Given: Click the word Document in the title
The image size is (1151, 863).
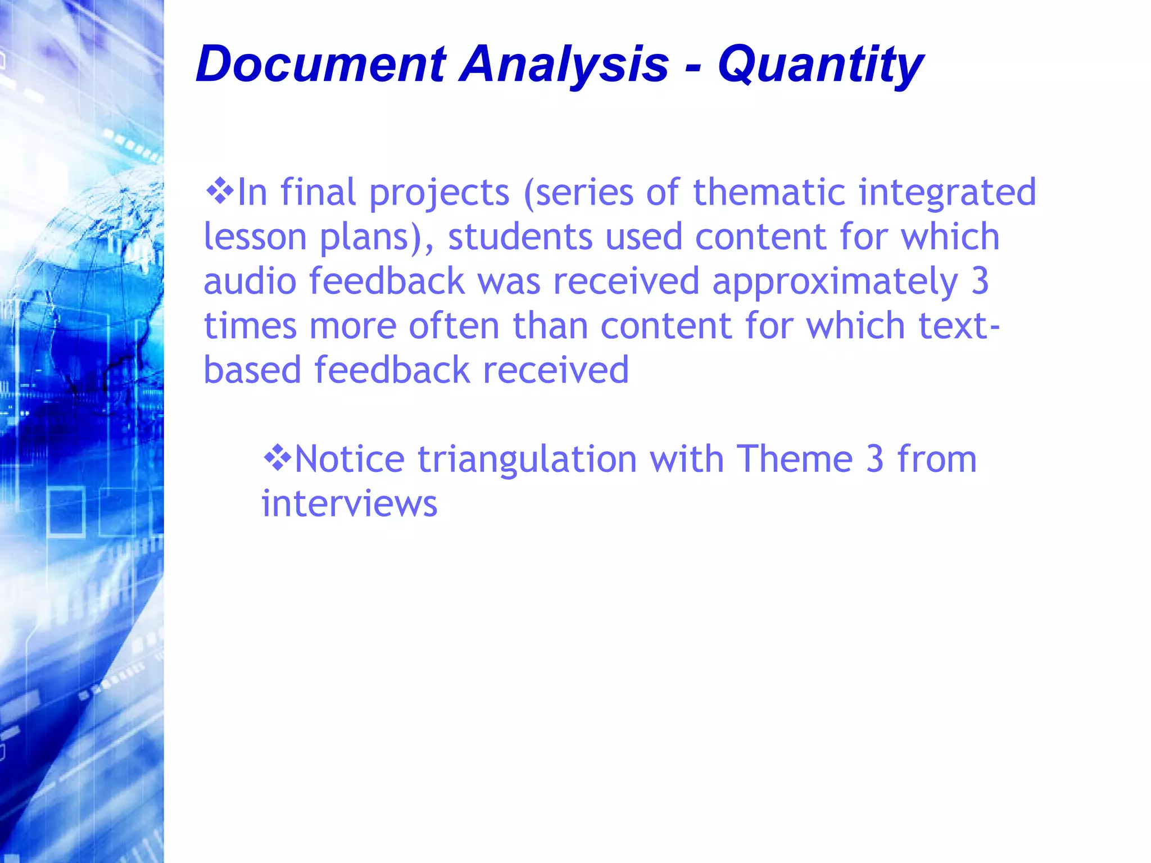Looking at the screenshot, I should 321,64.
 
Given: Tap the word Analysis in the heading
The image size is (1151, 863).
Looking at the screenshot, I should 564,65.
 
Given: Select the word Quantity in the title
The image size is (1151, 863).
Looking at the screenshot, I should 821,65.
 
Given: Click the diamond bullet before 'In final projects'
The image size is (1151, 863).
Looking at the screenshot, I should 220,191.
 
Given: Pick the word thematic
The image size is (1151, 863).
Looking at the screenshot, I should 769,192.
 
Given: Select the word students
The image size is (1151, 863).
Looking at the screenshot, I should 520,237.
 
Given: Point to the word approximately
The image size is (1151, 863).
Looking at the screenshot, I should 835,282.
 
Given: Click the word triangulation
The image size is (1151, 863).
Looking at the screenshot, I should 527,460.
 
